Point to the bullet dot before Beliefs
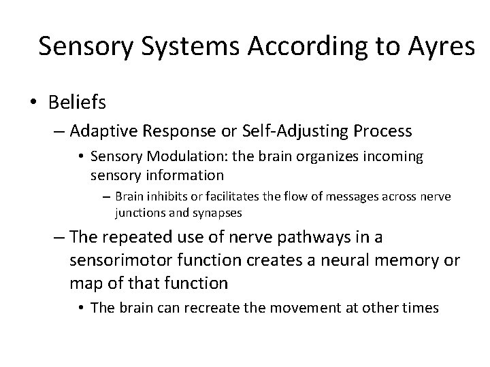point(33,103)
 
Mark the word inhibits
point(165,197)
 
